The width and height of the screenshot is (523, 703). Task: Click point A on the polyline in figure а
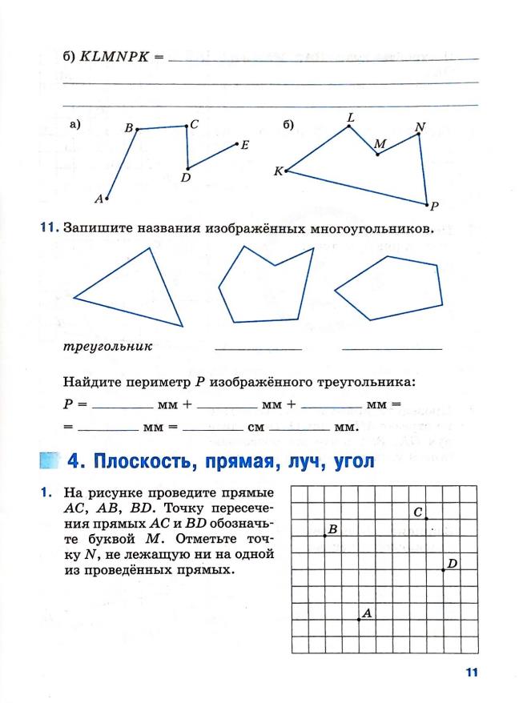[x=107, y=197]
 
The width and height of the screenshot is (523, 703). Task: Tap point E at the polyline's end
[x=237, y=144]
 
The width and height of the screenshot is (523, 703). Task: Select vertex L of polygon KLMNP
[x=349, y=128]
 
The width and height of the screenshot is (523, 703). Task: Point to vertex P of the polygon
[x=427, y=203]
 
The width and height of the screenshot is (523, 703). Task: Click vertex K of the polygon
[x=286, y=171]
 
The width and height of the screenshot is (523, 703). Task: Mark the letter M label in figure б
[x=380, y=144]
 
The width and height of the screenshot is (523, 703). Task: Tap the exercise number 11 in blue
[x=50, y=228]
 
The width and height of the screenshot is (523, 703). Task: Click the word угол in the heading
[x=347, y=462]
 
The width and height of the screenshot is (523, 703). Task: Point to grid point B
[x=324, y=535]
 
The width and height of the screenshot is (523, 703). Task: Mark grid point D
[x=443, y=570]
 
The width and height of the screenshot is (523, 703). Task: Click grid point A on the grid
[x=358, y=619]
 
